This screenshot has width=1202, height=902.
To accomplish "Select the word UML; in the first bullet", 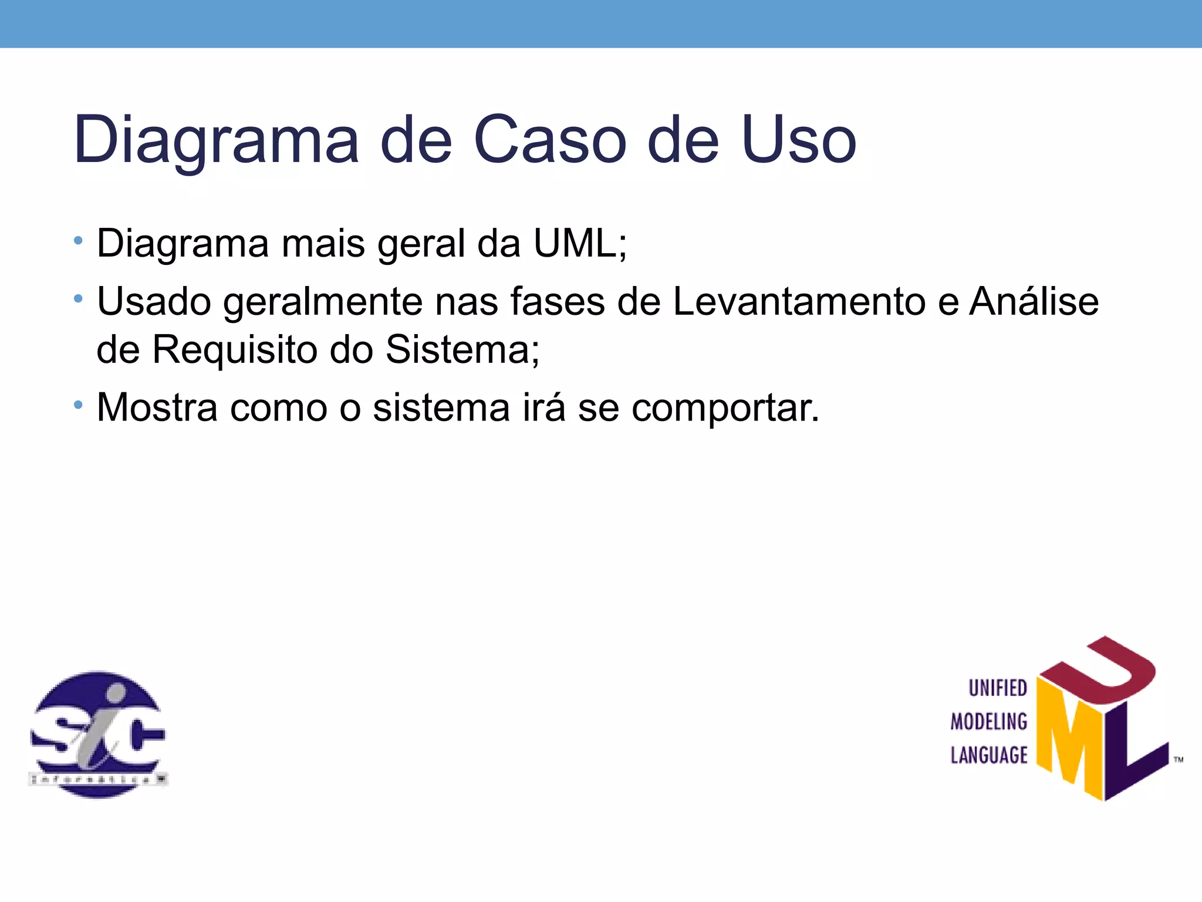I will (580, 243).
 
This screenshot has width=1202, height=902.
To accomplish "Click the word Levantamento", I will (798, 301).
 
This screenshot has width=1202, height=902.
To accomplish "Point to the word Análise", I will (1034, 301).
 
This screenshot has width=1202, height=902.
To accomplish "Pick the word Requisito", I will (235, 349).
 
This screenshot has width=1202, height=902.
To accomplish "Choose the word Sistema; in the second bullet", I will (462, 349).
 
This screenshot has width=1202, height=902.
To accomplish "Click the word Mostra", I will (157, 407).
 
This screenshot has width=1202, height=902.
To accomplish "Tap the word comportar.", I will (725, 408).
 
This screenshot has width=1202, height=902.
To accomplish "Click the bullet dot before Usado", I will (78, 299).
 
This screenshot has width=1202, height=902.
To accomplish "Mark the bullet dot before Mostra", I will (78, 405).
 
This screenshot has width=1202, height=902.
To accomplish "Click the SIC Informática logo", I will (98, 734).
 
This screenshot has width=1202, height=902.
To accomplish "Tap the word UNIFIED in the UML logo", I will (998, 688).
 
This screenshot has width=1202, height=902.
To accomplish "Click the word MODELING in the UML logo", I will (989, 721).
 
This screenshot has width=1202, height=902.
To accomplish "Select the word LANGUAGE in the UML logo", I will (989, 755).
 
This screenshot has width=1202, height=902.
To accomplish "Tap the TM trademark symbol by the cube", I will (1178, 760).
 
